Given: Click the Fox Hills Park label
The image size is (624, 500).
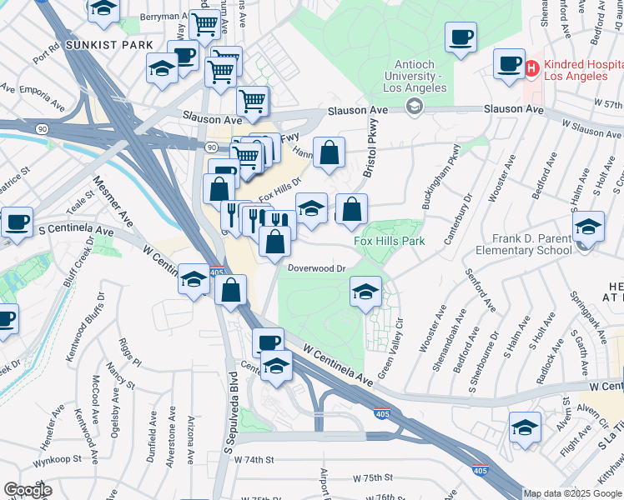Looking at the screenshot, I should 390,241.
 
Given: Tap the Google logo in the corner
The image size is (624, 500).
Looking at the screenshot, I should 28,490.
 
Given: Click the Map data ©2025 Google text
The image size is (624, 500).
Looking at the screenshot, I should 571,493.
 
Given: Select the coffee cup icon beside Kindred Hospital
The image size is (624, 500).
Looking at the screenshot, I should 508,63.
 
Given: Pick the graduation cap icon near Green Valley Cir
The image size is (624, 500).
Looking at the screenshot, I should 365,291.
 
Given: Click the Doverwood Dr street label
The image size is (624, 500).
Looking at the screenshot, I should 316,268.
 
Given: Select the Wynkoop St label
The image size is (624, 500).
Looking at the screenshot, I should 58,459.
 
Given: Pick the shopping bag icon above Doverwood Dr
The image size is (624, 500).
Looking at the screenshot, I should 274,242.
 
